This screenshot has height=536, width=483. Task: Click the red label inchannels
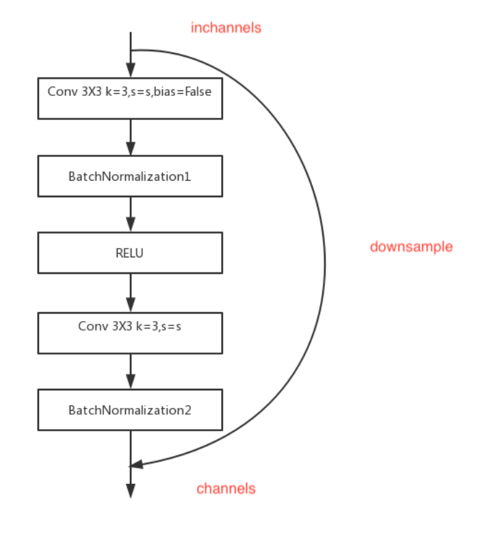tap(226, 28)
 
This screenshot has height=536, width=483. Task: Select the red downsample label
tap(411, 246)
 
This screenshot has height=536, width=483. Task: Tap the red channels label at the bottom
tap(226, 488)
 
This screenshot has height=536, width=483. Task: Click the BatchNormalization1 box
tap(130, 176)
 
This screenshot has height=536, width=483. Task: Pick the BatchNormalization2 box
tap(130, 410)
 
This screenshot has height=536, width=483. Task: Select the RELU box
tap(130, 253)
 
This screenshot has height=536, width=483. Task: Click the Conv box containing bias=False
tap(130, 97)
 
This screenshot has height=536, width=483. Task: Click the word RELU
tap(130, 253)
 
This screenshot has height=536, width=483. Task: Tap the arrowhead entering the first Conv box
tap(130, 70)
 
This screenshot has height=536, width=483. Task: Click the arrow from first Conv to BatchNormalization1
tap(130, 137)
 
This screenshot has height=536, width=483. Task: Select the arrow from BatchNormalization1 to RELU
tap(130, 214)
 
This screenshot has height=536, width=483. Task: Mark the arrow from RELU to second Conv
tap(130, 293)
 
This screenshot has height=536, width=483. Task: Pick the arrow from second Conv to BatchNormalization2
tap(130, 371)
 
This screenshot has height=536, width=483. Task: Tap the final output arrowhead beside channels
tap(130, 492)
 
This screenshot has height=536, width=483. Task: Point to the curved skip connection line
tap(324, 260)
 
